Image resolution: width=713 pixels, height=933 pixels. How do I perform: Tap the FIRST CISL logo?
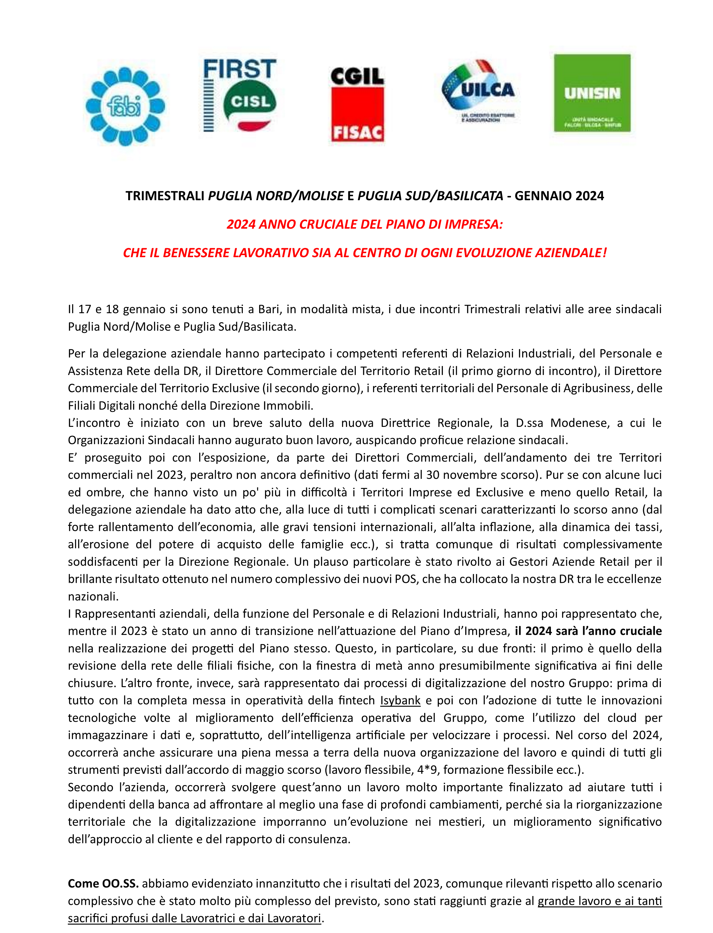coord(240,95)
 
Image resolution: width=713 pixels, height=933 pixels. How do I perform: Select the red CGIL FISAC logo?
coord(357,104)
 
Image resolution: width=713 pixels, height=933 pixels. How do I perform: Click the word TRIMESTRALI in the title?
coord(165,196)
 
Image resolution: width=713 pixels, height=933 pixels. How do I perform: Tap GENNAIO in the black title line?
coord(543,196)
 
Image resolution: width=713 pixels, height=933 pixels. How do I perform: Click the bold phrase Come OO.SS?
coord(103,883)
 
